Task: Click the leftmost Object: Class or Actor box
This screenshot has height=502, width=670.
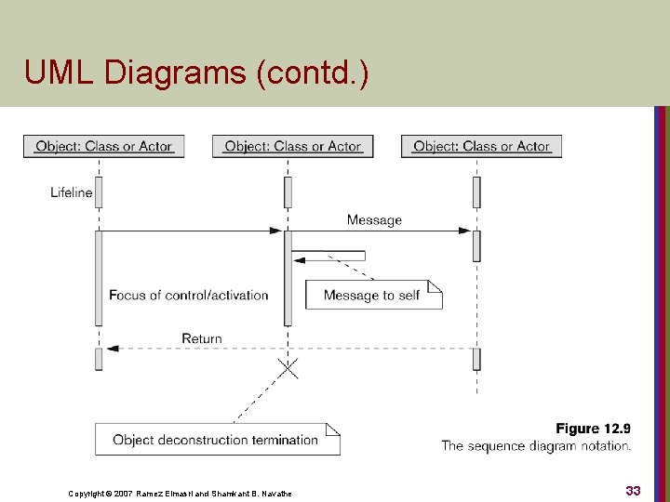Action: (103, 146)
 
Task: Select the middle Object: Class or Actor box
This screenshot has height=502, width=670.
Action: (292, 146)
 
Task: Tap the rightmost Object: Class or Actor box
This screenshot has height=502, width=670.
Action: (481, 146)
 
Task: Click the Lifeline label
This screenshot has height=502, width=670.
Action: (72, 192)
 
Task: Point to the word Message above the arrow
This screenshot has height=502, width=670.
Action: (374, 220)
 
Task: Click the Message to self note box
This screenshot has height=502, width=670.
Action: (372, 295)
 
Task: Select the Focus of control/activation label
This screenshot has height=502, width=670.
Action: (189, 295)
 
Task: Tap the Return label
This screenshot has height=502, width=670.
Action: (202, 338)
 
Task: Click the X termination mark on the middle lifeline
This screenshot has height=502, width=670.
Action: (288, 369)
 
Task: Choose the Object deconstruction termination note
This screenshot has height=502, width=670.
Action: (216, 440)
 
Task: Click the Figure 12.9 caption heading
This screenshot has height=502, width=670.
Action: (593, 429)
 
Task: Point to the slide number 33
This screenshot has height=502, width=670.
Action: (633, 490)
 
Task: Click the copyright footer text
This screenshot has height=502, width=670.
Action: (180, 493)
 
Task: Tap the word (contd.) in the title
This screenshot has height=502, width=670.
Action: (311, 73)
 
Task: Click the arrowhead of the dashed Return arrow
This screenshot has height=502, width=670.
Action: (112, 349)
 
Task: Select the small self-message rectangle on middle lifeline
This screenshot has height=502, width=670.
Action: (328, 256)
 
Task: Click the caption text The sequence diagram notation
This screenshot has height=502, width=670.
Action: (536, 446)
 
